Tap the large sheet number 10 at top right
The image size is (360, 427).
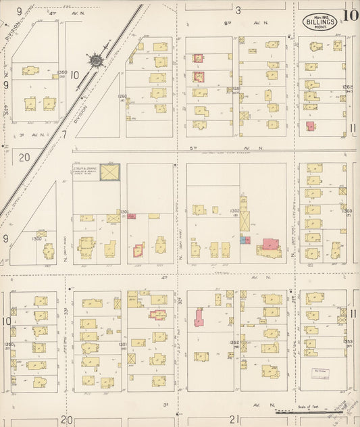click(350, 16)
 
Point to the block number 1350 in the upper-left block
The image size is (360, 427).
click(63, 73)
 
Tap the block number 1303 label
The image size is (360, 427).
click(347, 211)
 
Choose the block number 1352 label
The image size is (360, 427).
click(234, 343)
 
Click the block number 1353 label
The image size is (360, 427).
click(348, 342)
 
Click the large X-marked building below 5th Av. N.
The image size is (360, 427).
click(109, 172)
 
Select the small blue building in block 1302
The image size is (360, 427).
click(242, 240)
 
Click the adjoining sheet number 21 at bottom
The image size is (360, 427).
click(234, 420)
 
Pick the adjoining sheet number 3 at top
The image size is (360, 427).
click(238, 10)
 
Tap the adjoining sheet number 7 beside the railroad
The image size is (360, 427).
click(65, 134)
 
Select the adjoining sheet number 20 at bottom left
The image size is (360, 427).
click(66, 420)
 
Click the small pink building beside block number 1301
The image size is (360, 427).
click(131, 216)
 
